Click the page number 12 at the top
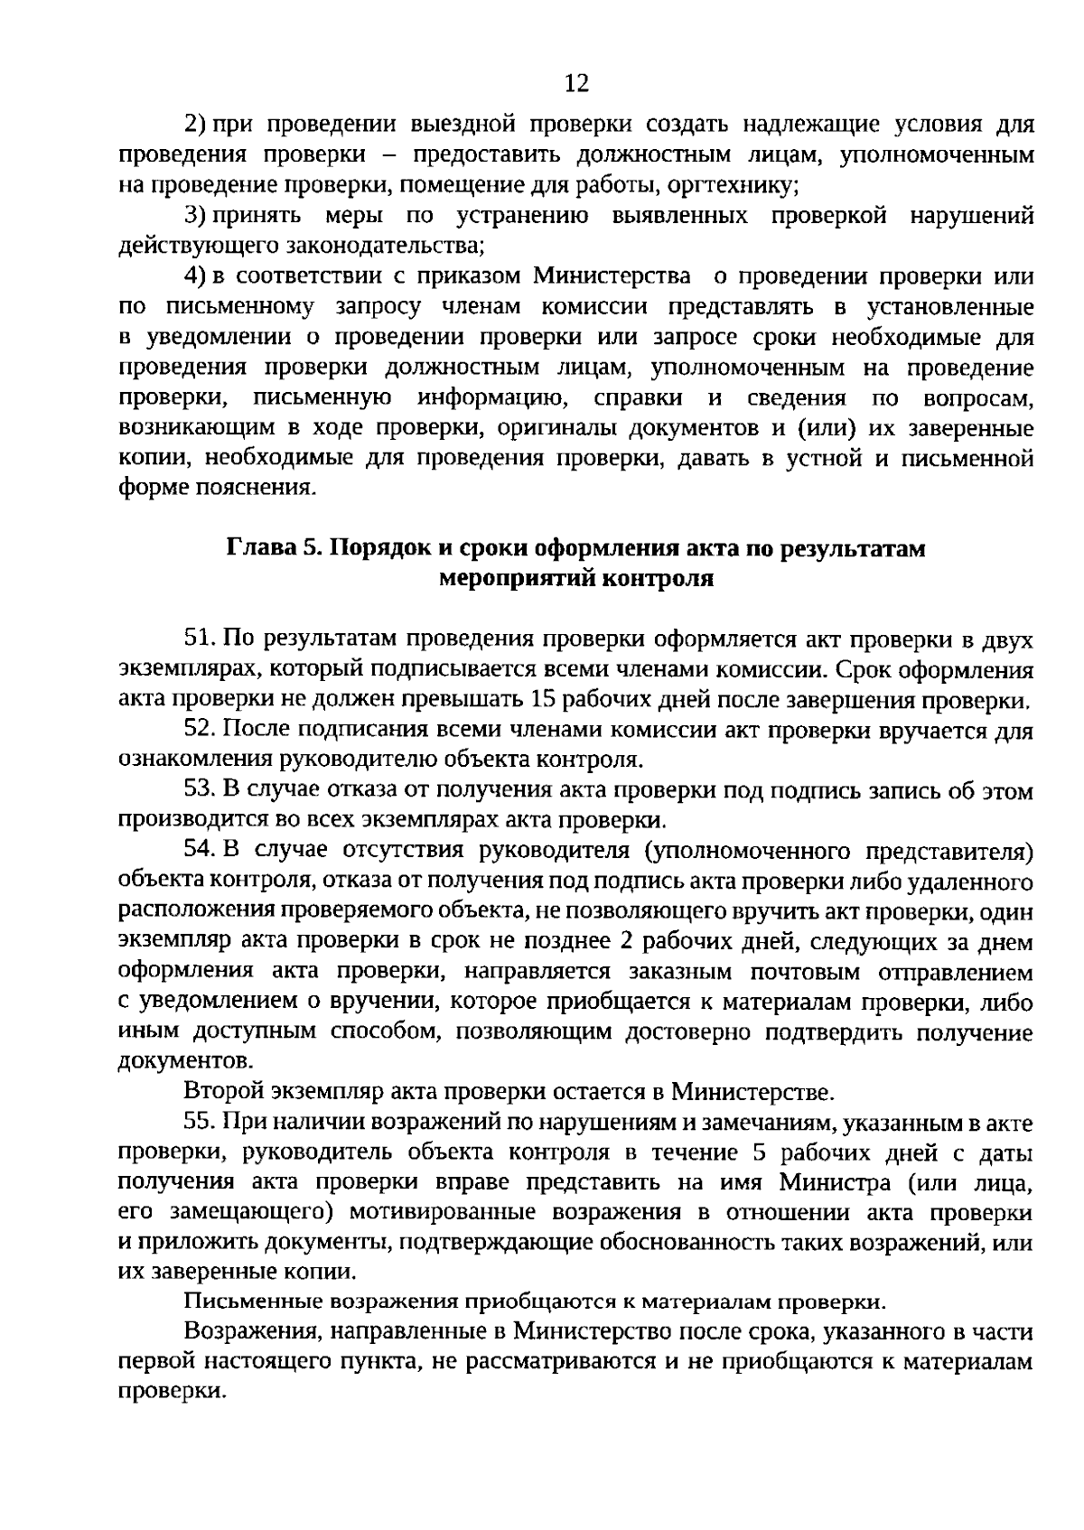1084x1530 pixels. pos(576,84)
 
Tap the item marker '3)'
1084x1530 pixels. pos(196,216)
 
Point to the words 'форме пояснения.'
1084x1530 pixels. pos(218,489)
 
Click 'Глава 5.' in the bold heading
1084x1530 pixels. pos(273,548)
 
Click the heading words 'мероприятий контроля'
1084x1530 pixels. pos(575,578)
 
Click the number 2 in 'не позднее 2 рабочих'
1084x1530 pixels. pos(625,941)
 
